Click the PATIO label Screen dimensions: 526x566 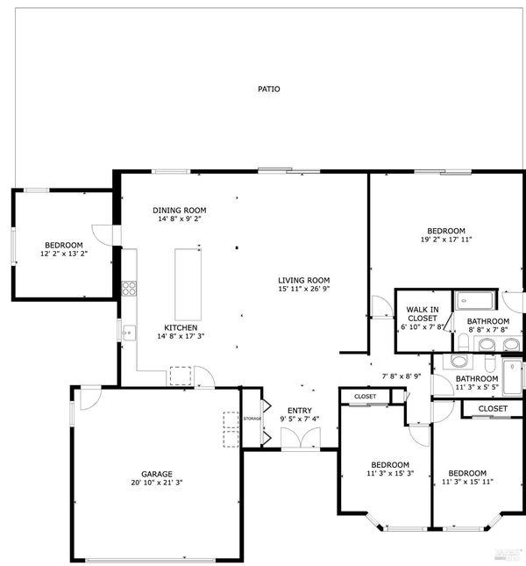268,89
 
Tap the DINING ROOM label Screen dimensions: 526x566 180,210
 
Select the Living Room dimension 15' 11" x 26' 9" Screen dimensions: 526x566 304,289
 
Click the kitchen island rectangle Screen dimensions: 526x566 188,284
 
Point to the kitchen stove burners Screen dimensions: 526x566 129,289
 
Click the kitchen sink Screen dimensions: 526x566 129,333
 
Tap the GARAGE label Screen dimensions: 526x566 157,474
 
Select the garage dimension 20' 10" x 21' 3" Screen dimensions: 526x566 157,483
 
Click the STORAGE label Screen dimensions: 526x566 252,419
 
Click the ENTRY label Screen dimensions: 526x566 300,411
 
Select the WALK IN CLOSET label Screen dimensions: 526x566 423,313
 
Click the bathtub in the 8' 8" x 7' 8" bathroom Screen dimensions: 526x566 474,300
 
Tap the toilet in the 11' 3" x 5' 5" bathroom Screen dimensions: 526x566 489,363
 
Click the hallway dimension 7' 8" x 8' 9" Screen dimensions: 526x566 402,376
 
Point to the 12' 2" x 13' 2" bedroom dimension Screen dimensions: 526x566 64,254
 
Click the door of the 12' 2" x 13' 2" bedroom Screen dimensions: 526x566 103,235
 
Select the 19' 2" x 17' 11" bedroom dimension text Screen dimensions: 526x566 446,240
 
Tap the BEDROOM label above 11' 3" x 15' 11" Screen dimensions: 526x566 467,473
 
